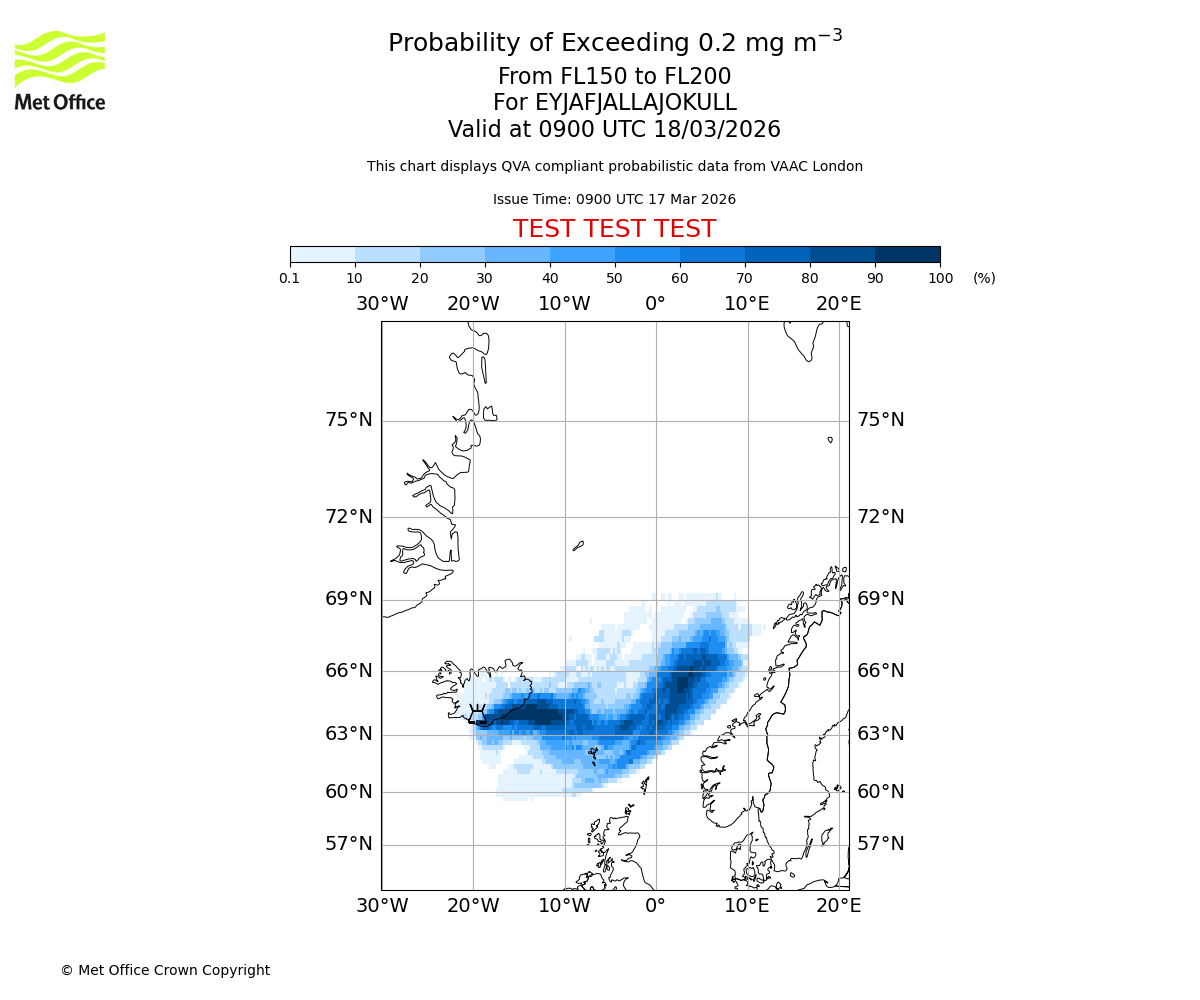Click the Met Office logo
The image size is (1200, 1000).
point(60,70)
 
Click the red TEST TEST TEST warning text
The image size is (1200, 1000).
point(614,229)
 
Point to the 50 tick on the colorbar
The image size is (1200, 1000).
point(615,262)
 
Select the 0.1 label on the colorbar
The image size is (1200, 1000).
point(290,279)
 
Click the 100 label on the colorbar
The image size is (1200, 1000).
point(940,279)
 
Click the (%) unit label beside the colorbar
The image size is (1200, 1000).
point(984,279)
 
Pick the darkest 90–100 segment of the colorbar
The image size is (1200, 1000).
point(907,254)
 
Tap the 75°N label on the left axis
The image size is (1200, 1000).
point(348,420)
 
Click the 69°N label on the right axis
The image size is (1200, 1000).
point(880,599)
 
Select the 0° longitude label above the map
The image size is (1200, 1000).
point(655,304)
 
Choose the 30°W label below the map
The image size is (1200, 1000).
point(382,906)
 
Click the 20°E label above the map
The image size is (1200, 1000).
point(838,304)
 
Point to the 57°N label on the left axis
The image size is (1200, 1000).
point(348,844)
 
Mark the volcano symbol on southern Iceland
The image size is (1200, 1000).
point(477,714)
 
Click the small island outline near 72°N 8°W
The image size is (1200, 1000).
point(578,546)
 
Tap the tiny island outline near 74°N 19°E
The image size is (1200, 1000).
point(830,439)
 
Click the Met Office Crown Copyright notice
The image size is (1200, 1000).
point(165,971)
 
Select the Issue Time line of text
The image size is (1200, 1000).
point(614,200)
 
